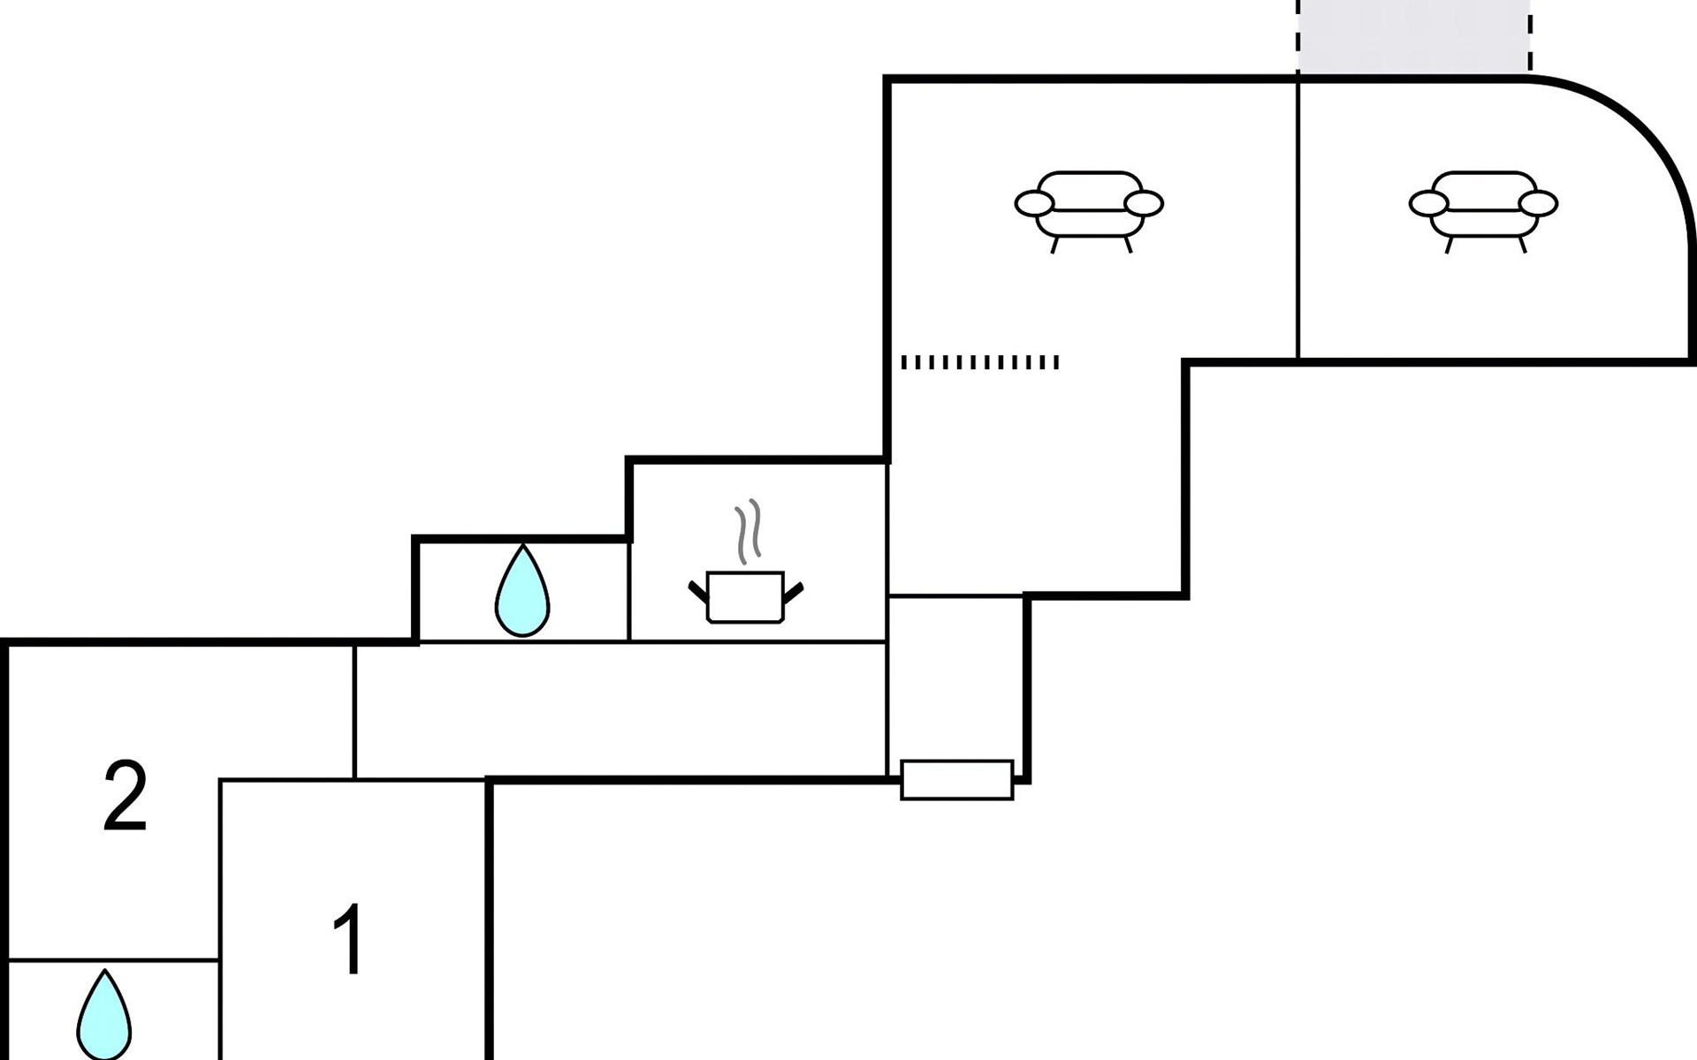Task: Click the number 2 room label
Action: pos(125,797)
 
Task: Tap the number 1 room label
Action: pos(348,939)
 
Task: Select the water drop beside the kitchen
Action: pos(522,590)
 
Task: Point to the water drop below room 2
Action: pos(104,1016)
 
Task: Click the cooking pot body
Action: pos(745,598)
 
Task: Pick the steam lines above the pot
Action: pos(748,533)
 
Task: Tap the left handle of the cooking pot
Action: pos(698,592)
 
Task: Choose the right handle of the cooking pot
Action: pos(793,592)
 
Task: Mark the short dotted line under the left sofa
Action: pos(979,362)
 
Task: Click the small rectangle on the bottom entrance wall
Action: pos(957,780)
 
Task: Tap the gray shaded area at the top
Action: pos(1413,37)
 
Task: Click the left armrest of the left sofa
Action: pos(1034,204)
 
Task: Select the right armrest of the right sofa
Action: pos(1538,204)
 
